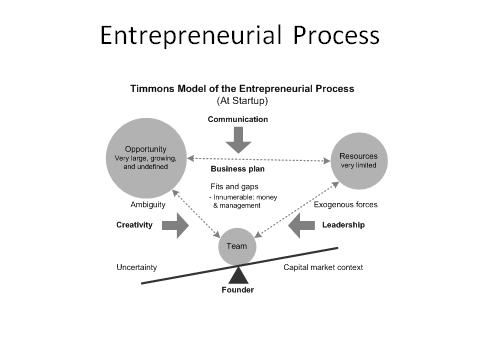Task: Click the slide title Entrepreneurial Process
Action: [x=240, y=36]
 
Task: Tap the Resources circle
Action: [x=360, y=161]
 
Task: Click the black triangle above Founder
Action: [x=238, y=274]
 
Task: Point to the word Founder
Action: [x=238, y=290]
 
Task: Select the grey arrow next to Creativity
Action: [x=175, y=226]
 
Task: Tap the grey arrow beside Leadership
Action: [x=302, y=226]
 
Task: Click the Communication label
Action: [x=238, y=119]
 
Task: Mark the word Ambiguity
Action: [x=134, y=204]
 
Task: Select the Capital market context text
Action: [x=323, y=267]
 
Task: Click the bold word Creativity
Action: [x=134, y=225]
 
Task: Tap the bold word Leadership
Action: [x=344, y=225]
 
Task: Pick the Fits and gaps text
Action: [x=231, y=187]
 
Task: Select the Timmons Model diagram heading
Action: [x=242, y=88]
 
